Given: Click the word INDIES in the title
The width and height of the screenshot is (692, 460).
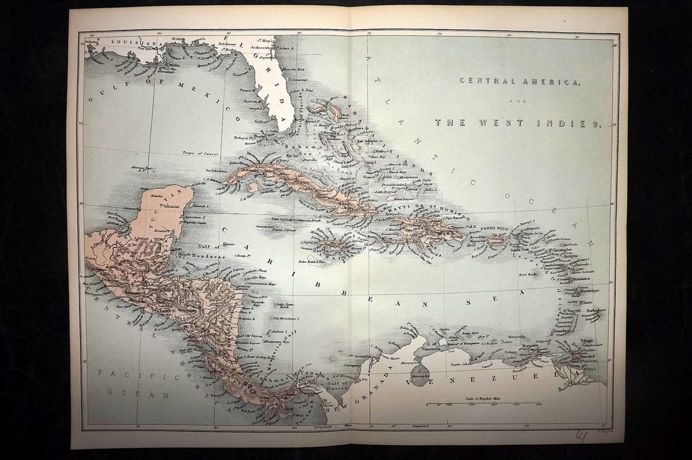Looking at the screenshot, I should tap(577, 124).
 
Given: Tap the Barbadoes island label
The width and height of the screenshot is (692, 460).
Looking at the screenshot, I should tap(593, 310).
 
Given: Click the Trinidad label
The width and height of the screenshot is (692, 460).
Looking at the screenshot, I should tap(584, 356).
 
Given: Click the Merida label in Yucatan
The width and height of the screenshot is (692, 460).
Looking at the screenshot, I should tap(150, 198).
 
